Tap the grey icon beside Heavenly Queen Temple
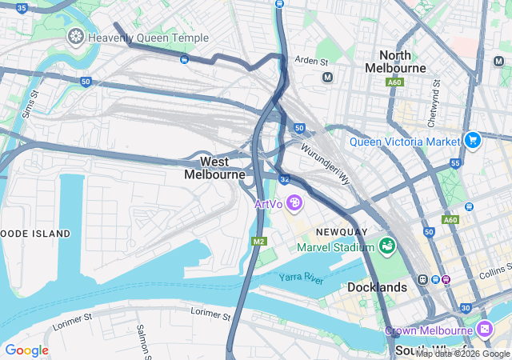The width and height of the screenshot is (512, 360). tap(76, 37)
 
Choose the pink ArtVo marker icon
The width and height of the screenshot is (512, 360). tap(294, 204)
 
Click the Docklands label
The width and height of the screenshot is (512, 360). tap(378, 286)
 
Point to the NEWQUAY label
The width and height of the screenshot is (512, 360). tap(342, 232)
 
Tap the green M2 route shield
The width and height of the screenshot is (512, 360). tap(258, 241)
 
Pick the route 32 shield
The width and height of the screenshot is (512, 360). tap(284, 179)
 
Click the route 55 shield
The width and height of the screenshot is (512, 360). tap(455, 163)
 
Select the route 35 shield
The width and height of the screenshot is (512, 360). tap(22, 7)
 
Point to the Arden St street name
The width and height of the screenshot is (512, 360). tap(311, 61)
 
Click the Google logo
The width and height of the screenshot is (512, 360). tap(26, 350)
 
